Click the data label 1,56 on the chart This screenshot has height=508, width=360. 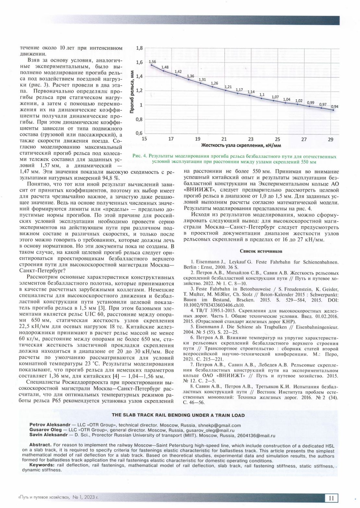click(x=152, y=62)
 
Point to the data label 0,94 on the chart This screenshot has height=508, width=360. click(x=334, y=106)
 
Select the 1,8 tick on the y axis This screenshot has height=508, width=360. click(x=139, y=48)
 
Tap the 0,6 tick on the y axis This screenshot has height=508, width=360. click(x=139, y=133)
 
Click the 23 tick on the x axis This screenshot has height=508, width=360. click(x=251, y=139)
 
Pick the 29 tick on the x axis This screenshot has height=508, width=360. click(x=330, y=139)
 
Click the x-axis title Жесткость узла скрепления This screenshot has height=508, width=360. click(x=241, y=145)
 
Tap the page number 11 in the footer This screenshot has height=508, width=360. click(x=331, y=498)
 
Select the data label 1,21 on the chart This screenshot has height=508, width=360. click(x=228, y=87)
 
